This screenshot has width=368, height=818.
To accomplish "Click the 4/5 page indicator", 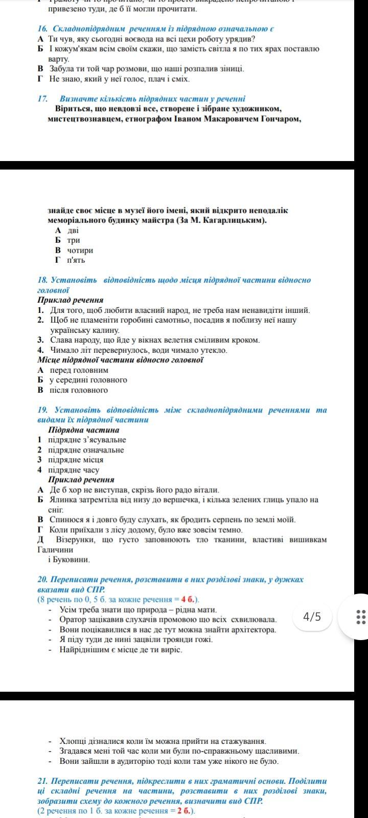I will coord(312,617).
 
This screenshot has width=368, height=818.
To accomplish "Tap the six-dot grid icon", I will coord(361,617).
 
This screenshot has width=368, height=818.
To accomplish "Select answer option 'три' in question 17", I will coord(73,240).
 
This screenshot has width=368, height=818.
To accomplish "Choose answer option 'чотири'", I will coord(80,251).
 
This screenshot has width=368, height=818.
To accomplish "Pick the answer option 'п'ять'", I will coord(76,260).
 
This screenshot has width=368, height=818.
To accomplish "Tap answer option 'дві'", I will coord(73,231).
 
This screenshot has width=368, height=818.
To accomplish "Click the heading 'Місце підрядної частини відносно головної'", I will coord(121,360).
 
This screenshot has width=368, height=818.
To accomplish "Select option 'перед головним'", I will coord(79,370).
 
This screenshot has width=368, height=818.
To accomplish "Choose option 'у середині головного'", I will coord(88,380).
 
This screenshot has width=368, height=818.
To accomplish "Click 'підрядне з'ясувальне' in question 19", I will coord(87,440).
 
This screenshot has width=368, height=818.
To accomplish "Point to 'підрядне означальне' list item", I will coord(86,450).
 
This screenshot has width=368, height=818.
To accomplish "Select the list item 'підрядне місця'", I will coord(76,460).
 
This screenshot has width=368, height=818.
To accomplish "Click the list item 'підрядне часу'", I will coord(74,470).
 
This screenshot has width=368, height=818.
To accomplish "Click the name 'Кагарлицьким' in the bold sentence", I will coord(237,220).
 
